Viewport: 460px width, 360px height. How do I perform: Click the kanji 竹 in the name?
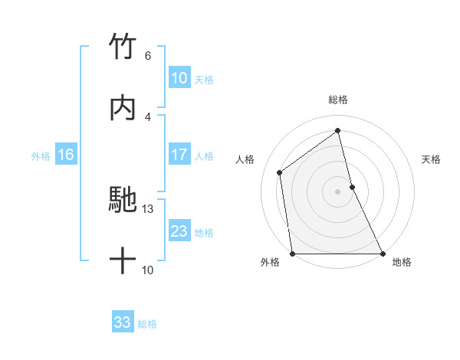[x=123, y=47]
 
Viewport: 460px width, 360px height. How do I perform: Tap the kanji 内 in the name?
[x=123, y=108]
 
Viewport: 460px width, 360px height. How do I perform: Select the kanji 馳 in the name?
[x=123, y=200]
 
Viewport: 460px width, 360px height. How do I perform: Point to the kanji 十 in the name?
[x=123, y=261]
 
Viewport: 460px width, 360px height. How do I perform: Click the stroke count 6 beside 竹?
[x=147, y=56]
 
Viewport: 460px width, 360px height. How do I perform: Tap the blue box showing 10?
[x=179, y=78]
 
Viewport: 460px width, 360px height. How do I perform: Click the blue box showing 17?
[x=179, y=155]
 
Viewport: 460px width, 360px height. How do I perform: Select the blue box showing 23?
[x=179, y=231]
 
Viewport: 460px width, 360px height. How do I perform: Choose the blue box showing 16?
[x=65, y=155]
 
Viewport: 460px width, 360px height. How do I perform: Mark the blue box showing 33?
[x=122, y=322]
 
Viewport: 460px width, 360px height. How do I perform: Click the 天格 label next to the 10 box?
[x=204, y=79]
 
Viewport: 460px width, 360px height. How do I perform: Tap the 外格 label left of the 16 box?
[x=41, y=155]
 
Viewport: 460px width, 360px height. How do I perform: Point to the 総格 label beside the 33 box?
[x=147, y=323]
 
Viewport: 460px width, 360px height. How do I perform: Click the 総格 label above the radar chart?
[x=338, y=100]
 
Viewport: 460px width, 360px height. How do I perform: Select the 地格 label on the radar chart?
[x=402, y=263]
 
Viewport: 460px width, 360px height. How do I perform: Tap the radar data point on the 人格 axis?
[x=280, y=172]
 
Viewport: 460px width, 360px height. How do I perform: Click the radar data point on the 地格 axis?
[x=382, y=254]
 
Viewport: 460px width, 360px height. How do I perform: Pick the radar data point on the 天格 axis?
[x=352, y=187]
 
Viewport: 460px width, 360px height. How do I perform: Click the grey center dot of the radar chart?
[x=338, y=191]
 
